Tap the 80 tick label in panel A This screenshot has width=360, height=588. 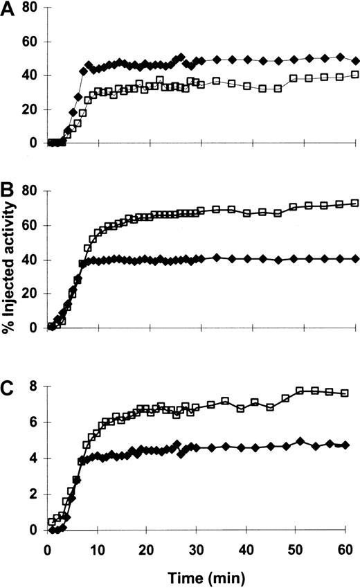click(30, 8)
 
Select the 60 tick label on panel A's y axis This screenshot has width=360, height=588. click(30, 42)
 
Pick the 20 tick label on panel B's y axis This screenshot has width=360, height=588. click(30, 294)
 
